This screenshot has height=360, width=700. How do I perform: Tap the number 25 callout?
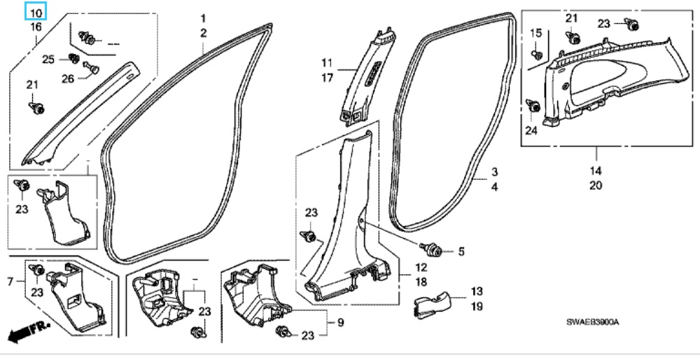(48, 59)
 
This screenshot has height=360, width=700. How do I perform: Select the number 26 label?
(67, 78)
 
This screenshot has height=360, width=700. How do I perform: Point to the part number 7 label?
(10, 282)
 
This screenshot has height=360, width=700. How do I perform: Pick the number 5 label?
(461, 251)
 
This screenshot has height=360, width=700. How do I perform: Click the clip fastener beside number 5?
(431, 248)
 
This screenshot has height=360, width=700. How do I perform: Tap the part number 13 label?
(477, 291)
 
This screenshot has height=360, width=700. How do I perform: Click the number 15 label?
(536, 33)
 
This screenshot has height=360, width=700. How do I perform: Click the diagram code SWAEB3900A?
(594, 321)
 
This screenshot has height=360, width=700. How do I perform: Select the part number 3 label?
(493, 172)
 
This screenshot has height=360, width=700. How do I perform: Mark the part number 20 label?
(595, 186)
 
